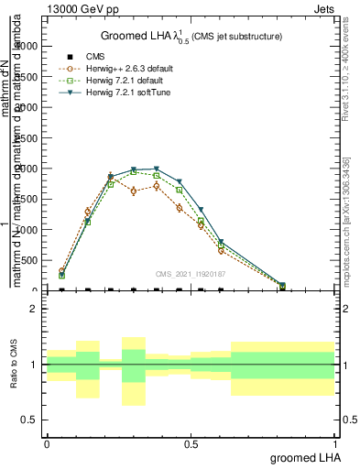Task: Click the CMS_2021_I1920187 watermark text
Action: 190,273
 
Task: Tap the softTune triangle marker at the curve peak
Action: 157,169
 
